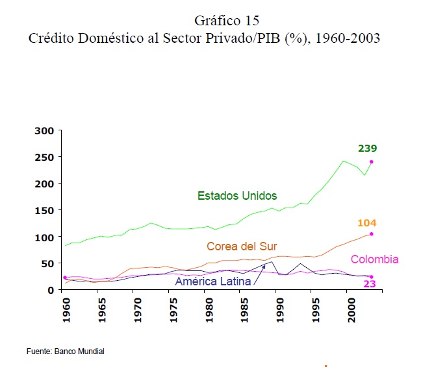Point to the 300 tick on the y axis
tap(44, 130)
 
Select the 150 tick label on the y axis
tap(44, 210)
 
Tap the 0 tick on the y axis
tap(49, 290)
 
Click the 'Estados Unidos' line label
tap(237, 195)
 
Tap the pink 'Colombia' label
tap(375, 259)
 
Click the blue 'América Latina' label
tap(213, 281)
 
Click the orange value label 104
tap(367, 223)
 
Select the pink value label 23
tap(370, 284)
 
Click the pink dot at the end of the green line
tap(372, 162)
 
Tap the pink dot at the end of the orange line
tap(372, 234)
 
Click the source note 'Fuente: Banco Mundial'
tap(65, 351)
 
